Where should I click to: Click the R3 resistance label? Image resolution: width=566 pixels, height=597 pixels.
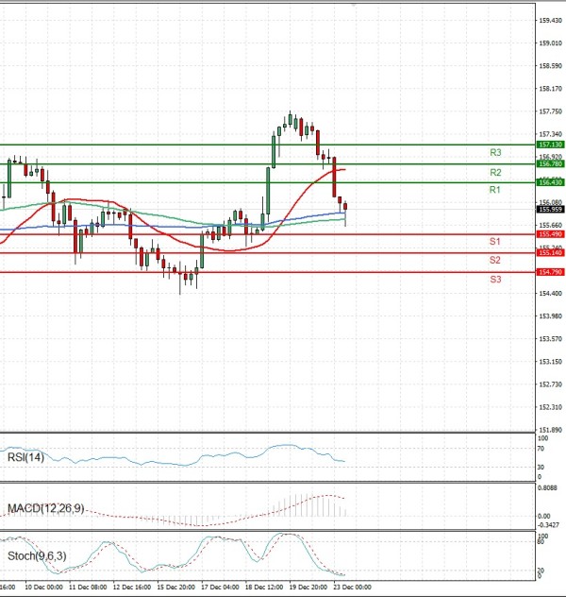tap(494, 152)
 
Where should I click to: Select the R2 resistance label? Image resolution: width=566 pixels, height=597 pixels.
tap(494, 173)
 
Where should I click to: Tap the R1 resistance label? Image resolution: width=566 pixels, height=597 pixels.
tap(494, 190)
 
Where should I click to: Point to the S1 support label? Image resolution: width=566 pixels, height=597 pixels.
tap(494, 242)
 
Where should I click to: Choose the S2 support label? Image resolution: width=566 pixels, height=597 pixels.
tap(494, 260)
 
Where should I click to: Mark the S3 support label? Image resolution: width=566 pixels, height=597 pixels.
tap(494, 280)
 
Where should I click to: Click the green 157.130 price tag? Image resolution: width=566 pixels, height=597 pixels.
tap(549, 145)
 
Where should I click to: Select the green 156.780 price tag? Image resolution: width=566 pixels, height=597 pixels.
tap(549, 163)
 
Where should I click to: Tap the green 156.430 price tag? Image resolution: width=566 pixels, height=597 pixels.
tap(549, 181)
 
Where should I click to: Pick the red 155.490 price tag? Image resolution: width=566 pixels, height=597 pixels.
tap(549, 233)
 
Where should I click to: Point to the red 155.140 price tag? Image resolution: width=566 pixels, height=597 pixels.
tap(549, 252)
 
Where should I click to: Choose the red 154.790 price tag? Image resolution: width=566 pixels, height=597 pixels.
tap(549, 272)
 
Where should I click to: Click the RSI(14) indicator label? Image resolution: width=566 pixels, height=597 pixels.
tap(25, 457)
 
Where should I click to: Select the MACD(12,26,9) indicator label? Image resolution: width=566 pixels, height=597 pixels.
tap(45, 508)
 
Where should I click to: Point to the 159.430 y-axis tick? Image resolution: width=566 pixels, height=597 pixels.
tap(551, 20)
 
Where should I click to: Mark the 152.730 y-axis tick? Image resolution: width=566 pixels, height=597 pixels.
tap(551, 384)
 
